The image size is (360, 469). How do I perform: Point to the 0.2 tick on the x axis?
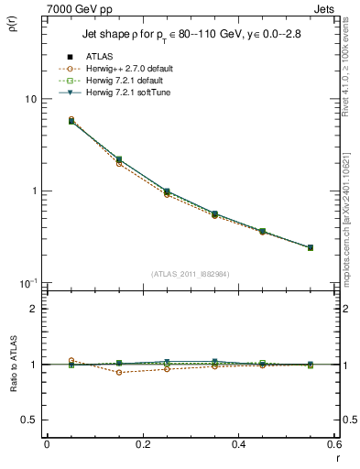point(143,444)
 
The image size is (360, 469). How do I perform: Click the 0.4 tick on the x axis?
point(239,444)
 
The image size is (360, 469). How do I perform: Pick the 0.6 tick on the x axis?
point(334,444)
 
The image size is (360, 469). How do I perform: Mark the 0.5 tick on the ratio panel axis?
point(29,420)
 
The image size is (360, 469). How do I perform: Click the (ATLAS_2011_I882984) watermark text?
point(190,274)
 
